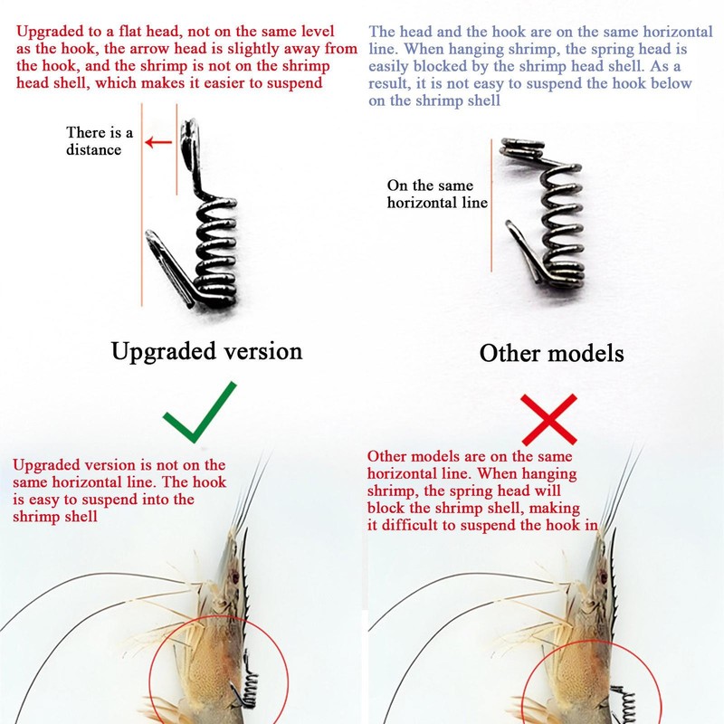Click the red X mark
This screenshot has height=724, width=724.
click(548, 417)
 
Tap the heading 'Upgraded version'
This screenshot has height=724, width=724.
click(206, 350)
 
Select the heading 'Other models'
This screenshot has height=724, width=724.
click(551, 352)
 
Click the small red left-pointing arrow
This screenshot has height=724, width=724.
click(160, 141)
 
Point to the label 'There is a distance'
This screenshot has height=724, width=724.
click(100, 141)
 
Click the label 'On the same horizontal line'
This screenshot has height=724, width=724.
click(437, 194)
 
